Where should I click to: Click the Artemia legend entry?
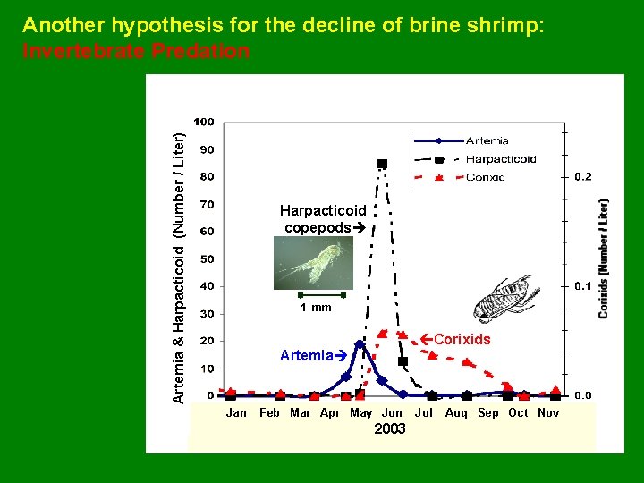(487, 140)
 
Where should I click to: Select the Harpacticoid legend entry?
(500, 159)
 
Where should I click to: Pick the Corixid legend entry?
(485, 177)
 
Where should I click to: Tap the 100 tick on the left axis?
(204, 122)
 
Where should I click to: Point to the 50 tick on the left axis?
(207, 259)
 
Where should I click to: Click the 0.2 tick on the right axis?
(582, 177)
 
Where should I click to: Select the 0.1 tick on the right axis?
(582, 286)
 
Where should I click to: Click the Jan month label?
(236, 412)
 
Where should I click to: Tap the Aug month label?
(456, 412)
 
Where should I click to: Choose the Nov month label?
(548, 412)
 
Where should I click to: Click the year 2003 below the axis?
(390, 429)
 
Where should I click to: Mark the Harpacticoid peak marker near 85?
(382, 164)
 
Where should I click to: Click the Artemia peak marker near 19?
(360, 343)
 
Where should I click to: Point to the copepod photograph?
(313, 263)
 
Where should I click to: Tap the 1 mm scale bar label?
(315, 308)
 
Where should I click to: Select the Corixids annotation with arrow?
(455, 340)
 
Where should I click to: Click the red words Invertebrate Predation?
(136, 52)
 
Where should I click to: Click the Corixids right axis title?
(605, 258)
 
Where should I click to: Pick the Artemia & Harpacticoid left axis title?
(179, 267)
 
